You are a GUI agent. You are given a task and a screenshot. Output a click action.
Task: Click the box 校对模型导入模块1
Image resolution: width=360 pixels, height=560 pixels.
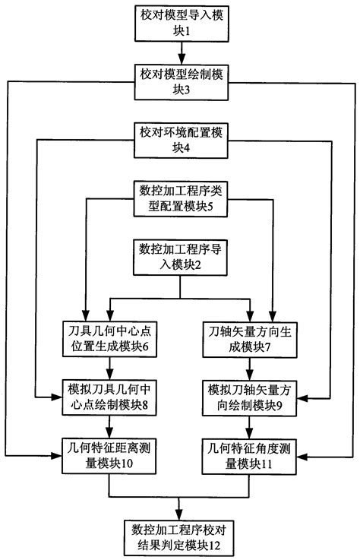180,24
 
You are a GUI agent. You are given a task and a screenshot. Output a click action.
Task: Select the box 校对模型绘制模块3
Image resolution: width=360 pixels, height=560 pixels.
180,81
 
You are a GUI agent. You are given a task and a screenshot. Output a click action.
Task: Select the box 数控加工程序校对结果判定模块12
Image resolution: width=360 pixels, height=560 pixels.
180,536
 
